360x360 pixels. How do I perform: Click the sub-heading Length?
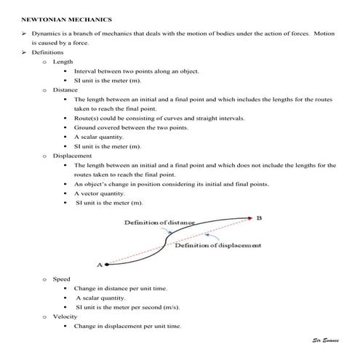[63, 62]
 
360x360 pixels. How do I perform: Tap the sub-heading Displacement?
[71, 155]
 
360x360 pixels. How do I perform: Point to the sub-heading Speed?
[62, 279]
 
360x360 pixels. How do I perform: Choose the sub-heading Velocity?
[65, 316]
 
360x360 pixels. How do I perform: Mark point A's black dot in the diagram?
[107, 264]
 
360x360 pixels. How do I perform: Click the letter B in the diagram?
[260, 217]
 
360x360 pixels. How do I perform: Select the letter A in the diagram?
[99, 265]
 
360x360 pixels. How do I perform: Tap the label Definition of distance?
[159, 222]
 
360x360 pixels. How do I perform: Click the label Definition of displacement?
[218, 246]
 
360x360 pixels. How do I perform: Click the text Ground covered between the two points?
[131, 127]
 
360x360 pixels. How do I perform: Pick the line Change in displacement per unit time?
[127, 326]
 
